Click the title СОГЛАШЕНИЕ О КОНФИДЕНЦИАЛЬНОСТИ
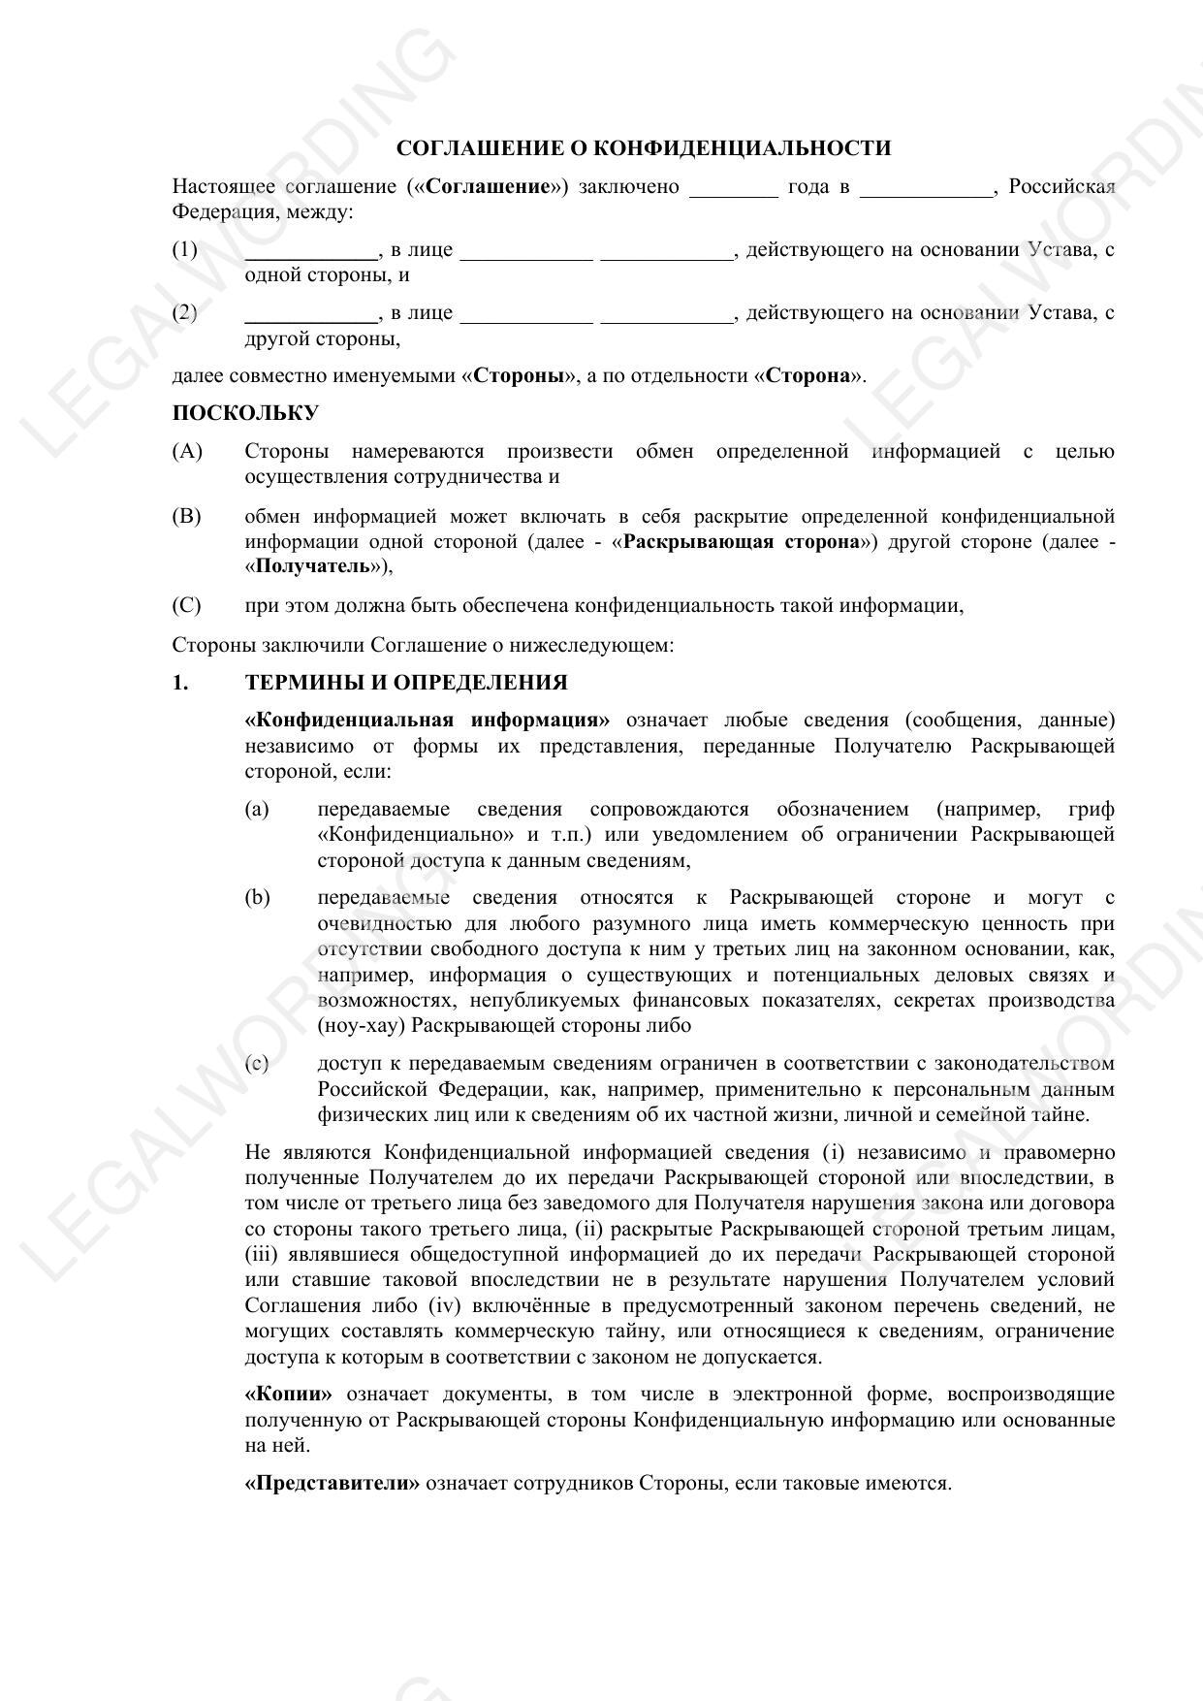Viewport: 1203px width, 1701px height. [x=644, y=148]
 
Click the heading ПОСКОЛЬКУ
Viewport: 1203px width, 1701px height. [x=245, y=413]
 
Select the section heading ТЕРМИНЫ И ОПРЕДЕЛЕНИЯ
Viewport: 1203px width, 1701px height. [x=406, y=683]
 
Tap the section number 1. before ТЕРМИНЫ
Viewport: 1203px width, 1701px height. [x=180, y=683]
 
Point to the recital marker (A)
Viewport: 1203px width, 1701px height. [x=187, y=451]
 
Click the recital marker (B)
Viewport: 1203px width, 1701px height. [x=187, y=516]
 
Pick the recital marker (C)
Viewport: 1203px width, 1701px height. [x=187, y=606]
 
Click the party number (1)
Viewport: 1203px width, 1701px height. [x=185, y=249]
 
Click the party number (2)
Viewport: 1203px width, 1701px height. [x=185, y=312]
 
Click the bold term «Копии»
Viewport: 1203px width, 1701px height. [x=288, y=1395]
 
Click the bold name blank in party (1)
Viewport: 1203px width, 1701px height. [x=310, y=251]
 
